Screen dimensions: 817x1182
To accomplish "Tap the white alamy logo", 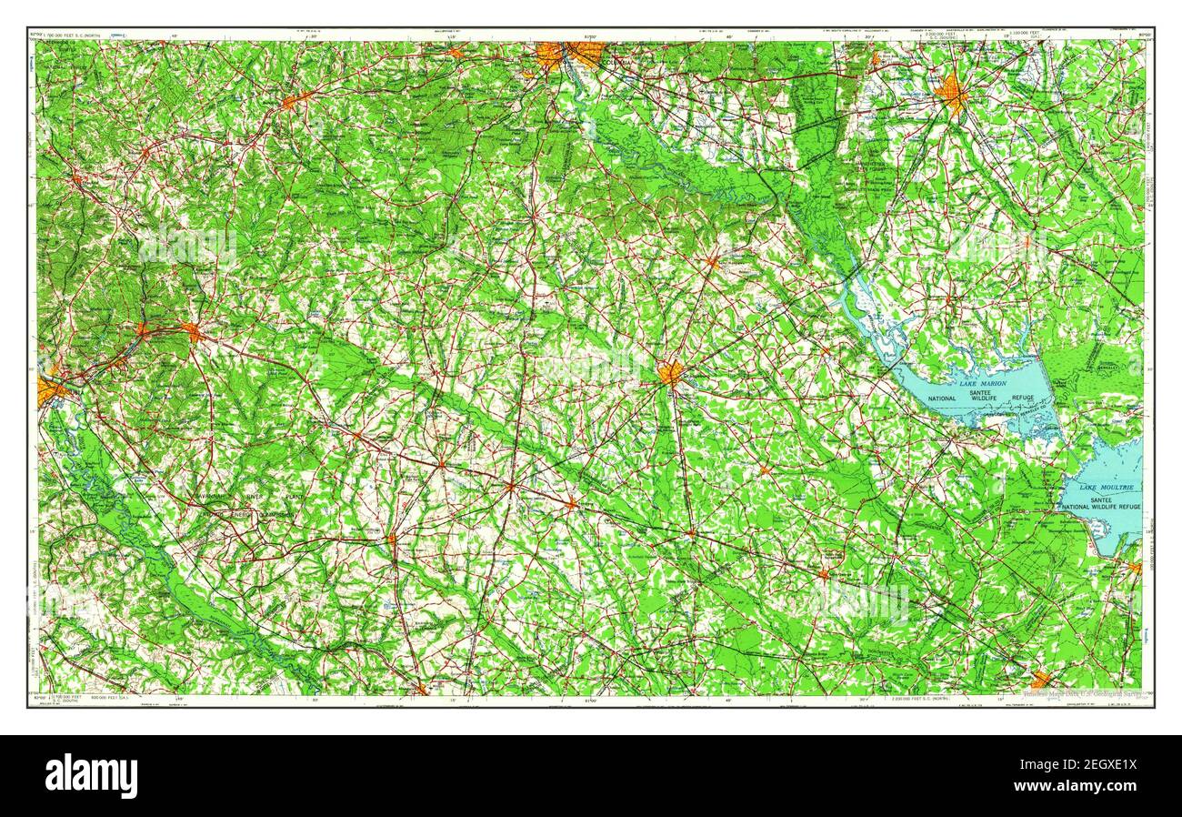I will [x=91, y=776].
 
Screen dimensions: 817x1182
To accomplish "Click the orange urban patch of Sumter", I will [x=952, y=94].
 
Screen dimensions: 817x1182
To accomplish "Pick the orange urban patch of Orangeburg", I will [x=671, y=373].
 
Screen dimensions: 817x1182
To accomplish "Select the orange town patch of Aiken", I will [x=192, y=331].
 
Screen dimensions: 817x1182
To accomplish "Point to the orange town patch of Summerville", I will [x=1039, y=679].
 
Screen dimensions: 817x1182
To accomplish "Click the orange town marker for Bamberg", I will [x=570, y=503].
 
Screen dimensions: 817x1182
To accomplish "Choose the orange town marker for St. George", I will [x=823, y=574].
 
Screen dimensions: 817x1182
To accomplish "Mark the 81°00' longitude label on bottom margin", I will [x=591, y=700].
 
